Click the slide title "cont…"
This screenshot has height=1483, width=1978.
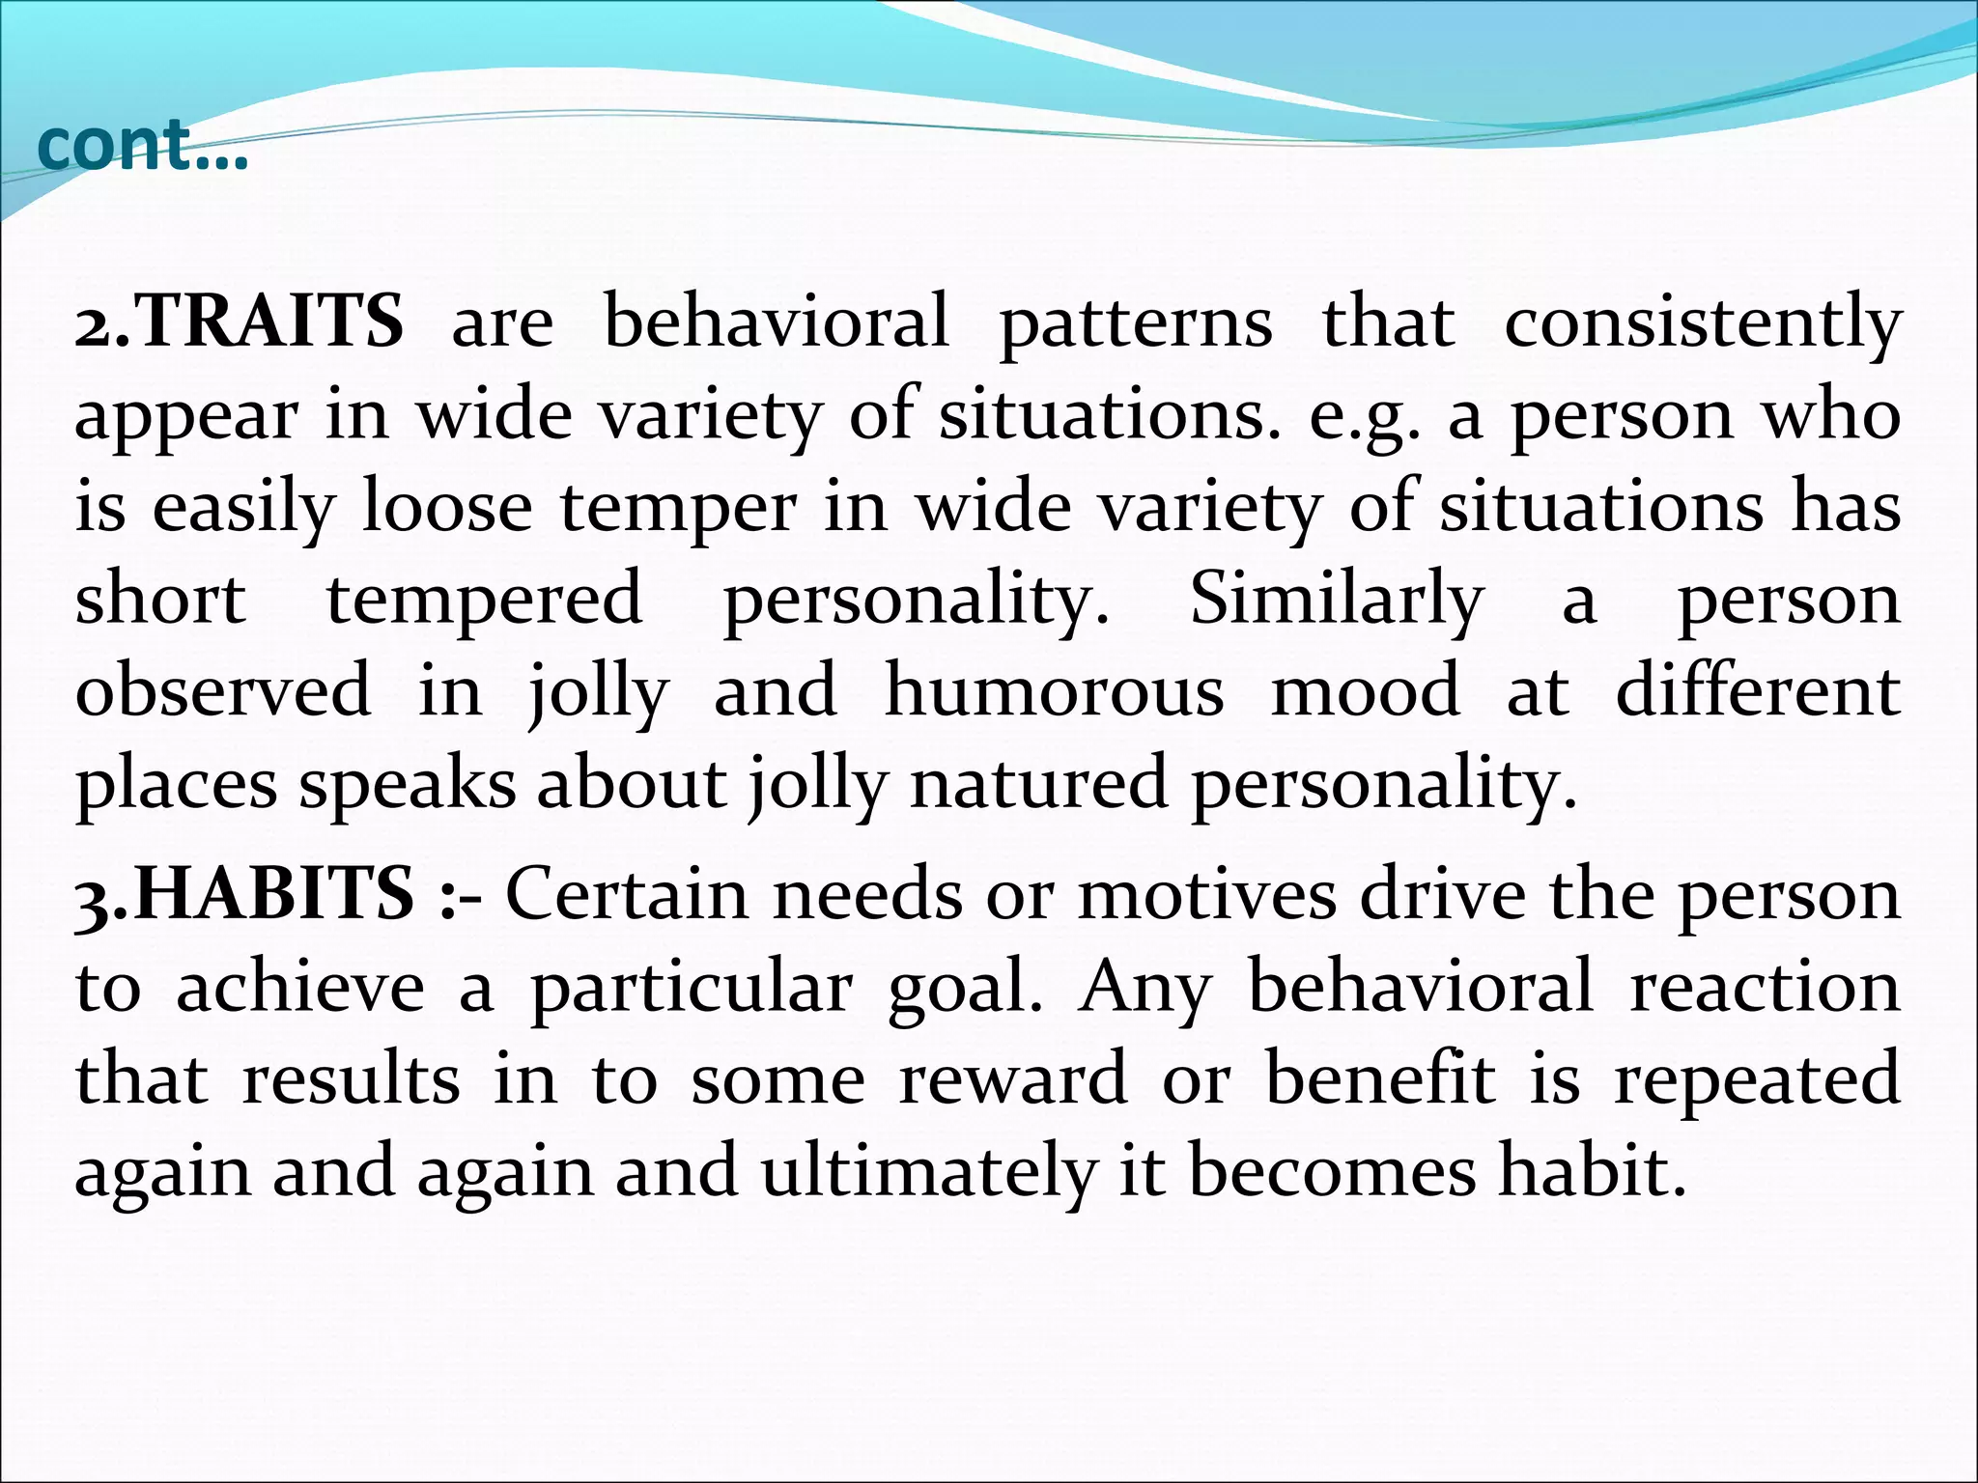coord(142,147)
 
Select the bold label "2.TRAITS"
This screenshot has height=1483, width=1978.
coord(239,322)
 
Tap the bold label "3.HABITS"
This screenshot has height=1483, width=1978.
coord(244,895)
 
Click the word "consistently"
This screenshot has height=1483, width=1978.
coord(1703,323)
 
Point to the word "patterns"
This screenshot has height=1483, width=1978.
coord(1136,323)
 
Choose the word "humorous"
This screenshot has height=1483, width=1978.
coord(1055,691)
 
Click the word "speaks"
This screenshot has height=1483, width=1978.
coord(407,785)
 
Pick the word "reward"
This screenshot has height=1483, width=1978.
coord(1013,1079)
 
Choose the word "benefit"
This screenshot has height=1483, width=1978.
coord(1381,1079)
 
